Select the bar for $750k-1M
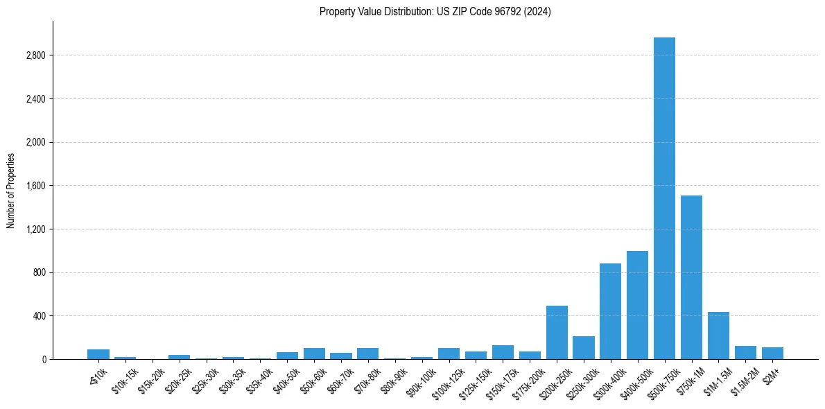click(x=691, y=277)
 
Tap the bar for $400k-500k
click(x=637, y=305)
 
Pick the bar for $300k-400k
click(x=610, y=311)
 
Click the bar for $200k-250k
click(x=557, y=333)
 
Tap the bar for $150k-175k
click(x=503, y=352)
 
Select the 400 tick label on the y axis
click(x=40, y=316)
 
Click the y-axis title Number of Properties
click(x=11, y=190)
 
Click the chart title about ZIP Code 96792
click(x=435, y=12)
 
